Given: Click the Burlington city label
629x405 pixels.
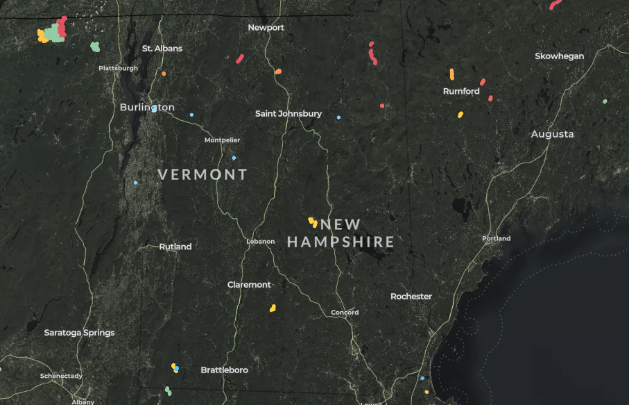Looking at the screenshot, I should click(147, 108).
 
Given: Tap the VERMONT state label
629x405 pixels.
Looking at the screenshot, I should click(203, 174).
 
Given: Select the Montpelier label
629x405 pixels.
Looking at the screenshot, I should click(222, 140).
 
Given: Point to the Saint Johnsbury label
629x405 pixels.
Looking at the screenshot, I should click(288, 113).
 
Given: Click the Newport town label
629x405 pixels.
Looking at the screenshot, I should click(266, 28).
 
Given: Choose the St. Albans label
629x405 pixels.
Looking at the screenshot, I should click(162, 49).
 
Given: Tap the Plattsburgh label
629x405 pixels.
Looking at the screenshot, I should click(118, 68).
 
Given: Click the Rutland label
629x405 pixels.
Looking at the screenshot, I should click(175, 247).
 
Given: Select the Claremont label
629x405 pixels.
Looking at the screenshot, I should click(249, 285).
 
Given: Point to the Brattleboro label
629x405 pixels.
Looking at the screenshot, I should click(224, 370).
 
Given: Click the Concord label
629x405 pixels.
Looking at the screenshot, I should click(345, 313).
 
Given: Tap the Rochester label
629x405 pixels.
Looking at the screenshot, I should click(411, 297).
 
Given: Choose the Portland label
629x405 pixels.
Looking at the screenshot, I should click(497, 238).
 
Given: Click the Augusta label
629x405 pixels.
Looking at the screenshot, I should click(553, 134).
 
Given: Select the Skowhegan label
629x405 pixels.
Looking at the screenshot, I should click(560, 56).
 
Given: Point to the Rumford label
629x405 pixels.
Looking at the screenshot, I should click(461, 92).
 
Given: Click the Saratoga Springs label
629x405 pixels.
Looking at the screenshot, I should click(79, 333).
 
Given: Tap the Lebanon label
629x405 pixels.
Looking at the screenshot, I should click(261, 242).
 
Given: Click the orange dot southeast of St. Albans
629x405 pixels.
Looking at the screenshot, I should click(164, 74).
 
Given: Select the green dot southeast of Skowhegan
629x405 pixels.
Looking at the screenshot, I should click(605, 101).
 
